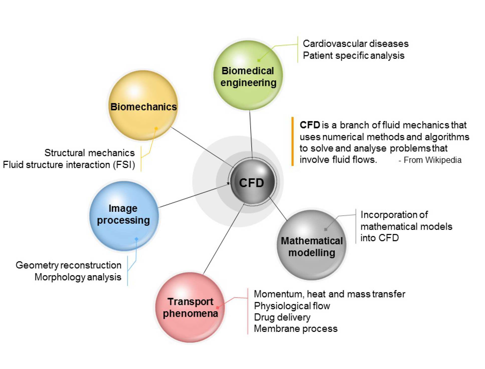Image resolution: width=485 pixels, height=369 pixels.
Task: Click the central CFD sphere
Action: point(252,182)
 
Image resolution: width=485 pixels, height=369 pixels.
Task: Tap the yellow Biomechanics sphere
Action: point(143,105)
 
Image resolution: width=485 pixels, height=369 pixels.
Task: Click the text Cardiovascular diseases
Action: point(355,44)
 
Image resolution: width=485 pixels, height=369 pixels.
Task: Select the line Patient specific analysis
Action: point(353,55)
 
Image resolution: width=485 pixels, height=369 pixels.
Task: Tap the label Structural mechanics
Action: point(89,153)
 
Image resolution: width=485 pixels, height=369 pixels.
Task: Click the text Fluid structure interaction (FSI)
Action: point(69,165)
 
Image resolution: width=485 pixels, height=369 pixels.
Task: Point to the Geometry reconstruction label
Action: point(68,265)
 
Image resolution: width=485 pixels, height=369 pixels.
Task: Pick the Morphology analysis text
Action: point(78,277)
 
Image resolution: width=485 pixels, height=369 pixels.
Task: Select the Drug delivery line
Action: point(282,317)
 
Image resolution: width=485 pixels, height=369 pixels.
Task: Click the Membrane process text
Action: point(295,329)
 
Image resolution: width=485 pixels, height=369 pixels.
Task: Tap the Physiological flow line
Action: point(292,306)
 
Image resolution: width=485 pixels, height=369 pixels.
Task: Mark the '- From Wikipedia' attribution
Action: point(430,160)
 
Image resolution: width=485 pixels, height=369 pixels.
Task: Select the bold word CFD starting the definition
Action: point(309,125)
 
